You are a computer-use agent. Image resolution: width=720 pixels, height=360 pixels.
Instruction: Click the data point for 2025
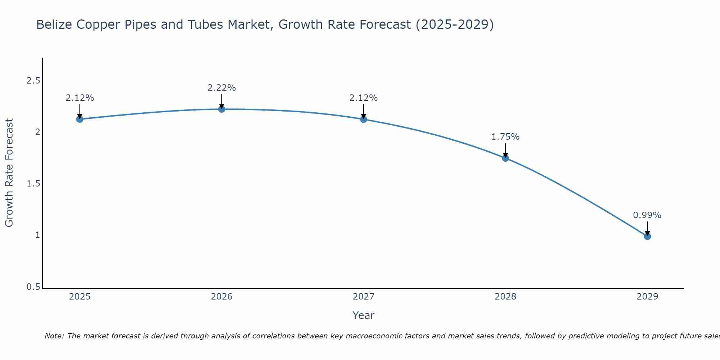pyautogui.click(x=80, y=119)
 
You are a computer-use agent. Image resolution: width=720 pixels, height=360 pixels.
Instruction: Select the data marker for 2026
pyautogui.click(x=222, y=109)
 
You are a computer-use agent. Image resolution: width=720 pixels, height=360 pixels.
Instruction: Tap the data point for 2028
pyautogui.click(x=505, y=158)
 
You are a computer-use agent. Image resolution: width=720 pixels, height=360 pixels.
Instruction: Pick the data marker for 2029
pyautogui.click(x=647, y=236)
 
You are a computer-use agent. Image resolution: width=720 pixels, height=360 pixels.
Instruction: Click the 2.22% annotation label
pyautogui.click(x=222, y=88)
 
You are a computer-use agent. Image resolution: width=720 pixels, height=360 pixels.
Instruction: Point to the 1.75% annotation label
pyautogui.click(x=505, y=137)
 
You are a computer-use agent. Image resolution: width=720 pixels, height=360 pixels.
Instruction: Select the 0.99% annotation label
pyautogui.click(x=647, y=215)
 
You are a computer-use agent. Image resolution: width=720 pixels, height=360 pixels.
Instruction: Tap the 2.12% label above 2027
pyautogui.click(x=364, y=98)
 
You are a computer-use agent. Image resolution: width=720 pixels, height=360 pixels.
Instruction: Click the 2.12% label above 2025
pyautogui.click(x=80, y=98)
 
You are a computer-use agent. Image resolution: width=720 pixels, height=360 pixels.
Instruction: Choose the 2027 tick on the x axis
pyautogui.click(x=364, y=297)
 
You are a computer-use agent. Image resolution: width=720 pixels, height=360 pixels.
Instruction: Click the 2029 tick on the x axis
pyautogui.click(x=647, y=297)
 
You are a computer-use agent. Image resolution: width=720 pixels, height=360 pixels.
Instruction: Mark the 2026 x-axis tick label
pyautogui.click(x=222, y=297)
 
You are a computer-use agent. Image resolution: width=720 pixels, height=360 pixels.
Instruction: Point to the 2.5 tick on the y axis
pyautogui.click(x=33, y=81)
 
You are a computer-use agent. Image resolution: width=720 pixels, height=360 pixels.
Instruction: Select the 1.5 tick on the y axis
pyautogui.click(x=33, y=184)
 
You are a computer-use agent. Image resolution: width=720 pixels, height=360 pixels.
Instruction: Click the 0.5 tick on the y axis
pyautogui.click(x=33, y=287)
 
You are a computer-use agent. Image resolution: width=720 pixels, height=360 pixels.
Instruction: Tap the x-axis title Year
pyautogui.click(x=364, y=315)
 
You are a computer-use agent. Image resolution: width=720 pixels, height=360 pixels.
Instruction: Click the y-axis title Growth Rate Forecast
pyautogui.click(x=9, y=173)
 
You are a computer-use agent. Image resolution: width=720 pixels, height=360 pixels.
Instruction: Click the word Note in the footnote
pyautogui.click(x=54, y=336)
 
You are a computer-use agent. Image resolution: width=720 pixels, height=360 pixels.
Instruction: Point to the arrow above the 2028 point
pyautogui.click(x=505, y=150)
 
